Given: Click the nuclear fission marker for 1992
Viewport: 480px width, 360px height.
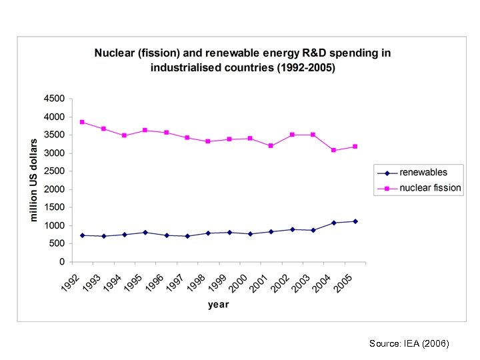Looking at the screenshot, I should [82, 122].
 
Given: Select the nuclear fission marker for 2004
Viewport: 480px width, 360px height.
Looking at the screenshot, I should [334, 151].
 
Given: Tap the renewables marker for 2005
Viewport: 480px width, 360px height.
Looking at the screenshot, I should [355, 221].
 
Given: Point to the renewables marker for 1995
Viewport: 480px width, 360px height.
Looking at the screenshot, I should [145, 233].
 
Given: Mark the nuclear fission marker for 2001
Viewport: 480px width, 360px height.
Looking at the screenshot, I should [271, 145].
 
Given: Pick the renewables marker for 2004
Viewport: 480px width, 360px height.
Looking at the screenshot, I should [334, 223].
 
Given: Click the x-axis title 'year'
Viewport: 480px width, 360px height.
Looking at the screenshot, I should [218, 305].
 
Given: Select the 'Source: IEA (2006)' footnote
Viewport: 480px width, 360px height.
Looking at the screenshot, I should [409, 343].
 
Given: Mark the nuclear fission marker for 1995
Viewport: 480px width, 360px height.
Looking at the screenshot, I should [145, 130].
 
